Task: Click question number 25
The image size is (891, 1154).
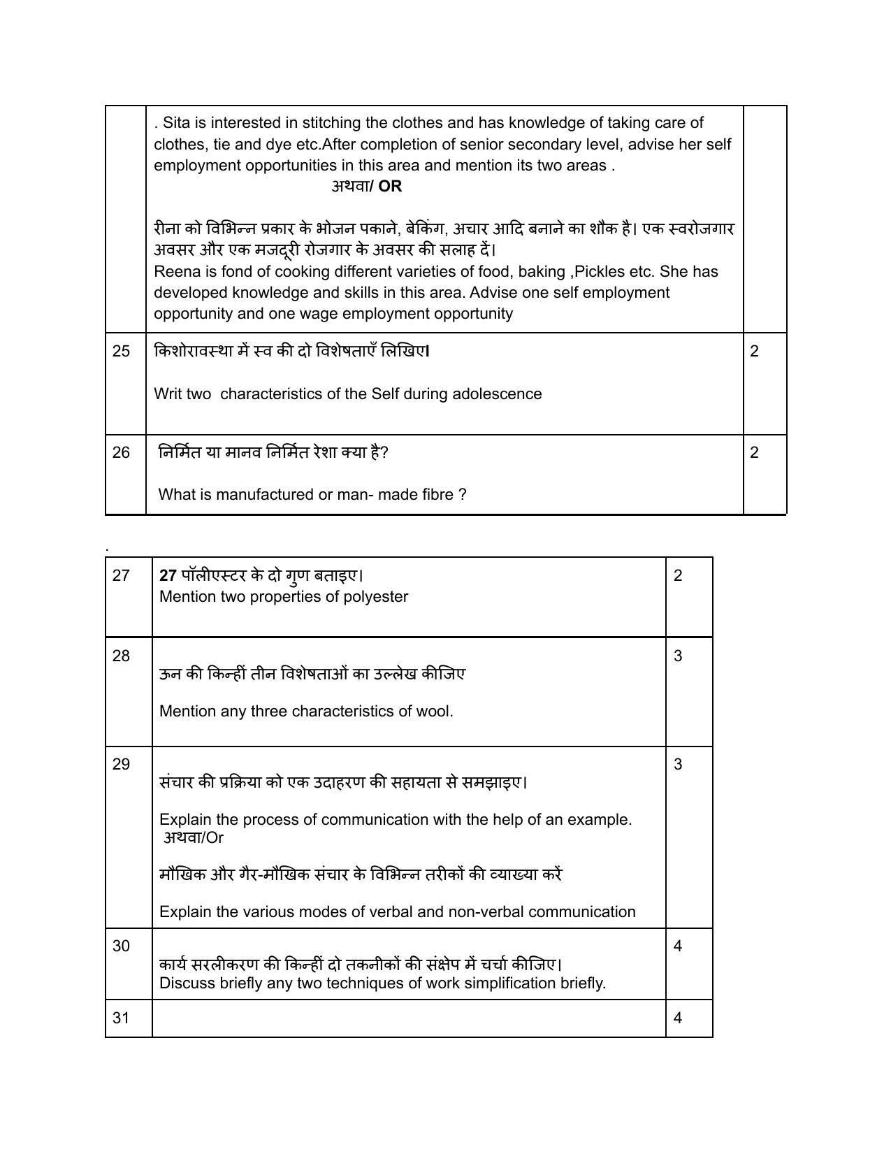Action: click(121, 352)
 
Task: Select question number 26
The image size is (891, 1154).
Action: click(121, 453)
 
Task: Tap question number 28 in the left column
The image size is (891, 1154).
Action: click(121, 656)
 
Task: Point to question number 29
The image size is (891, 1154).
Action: click(121, 765)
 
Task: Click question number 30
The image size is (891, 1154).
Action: click(121, 946)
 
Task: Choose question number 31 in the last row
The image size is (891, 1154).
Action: click(121, 1018)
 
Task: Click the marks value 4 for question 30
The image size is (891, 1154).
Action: click(677, 946)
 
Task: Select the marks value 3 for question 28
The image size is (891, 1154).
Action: click(677, 656)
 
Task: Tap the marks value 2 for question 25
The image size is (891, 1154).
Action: click(754, 352)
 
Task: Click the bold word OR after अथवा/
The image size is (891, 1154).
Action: click(390, 187)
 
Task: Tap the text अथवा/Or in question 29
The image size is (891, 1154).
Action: click(194, 837)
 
